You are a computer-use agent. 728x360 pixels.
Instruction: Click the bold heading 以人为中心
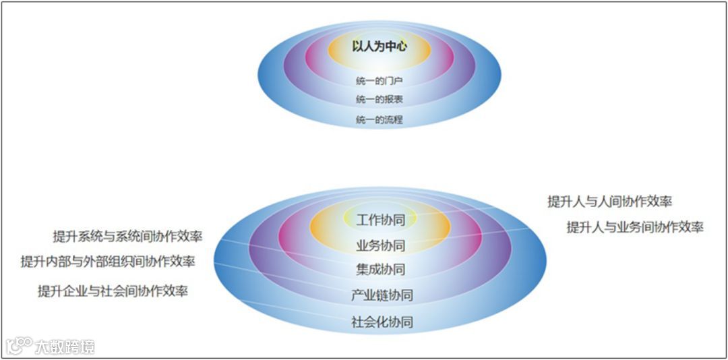click(380, 47)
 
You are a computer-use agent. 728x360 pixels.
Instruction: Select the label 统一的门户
click(380, 81)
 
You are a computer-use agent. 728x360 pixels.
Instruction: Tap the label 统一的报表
click(380, 100)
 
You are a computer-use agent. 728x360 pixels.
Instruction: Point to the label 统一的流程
click(380, 120)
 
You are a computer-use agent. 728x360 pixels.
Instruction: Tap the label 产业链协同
click(382, 295)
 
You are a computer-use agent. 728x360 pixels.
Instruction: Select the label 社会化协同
click(382, 322)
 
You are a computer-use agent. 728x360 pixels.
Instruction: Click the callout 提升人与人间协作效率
click(609, 201)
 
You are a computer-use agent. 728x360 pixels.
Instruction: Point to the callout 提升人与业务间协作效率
click(634, 227)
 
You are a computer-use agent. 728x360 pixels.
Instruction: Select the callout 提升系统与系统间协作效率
click(128, 237)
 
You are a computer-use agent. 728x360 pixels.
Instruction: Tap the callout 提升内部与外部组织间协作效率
click(108, 262)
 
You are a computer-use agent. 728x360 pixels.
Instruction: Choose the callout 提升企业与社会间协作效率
click(113, 291)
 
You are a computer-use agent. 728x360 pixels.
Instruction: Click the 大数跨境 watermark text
click(66, 347)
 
